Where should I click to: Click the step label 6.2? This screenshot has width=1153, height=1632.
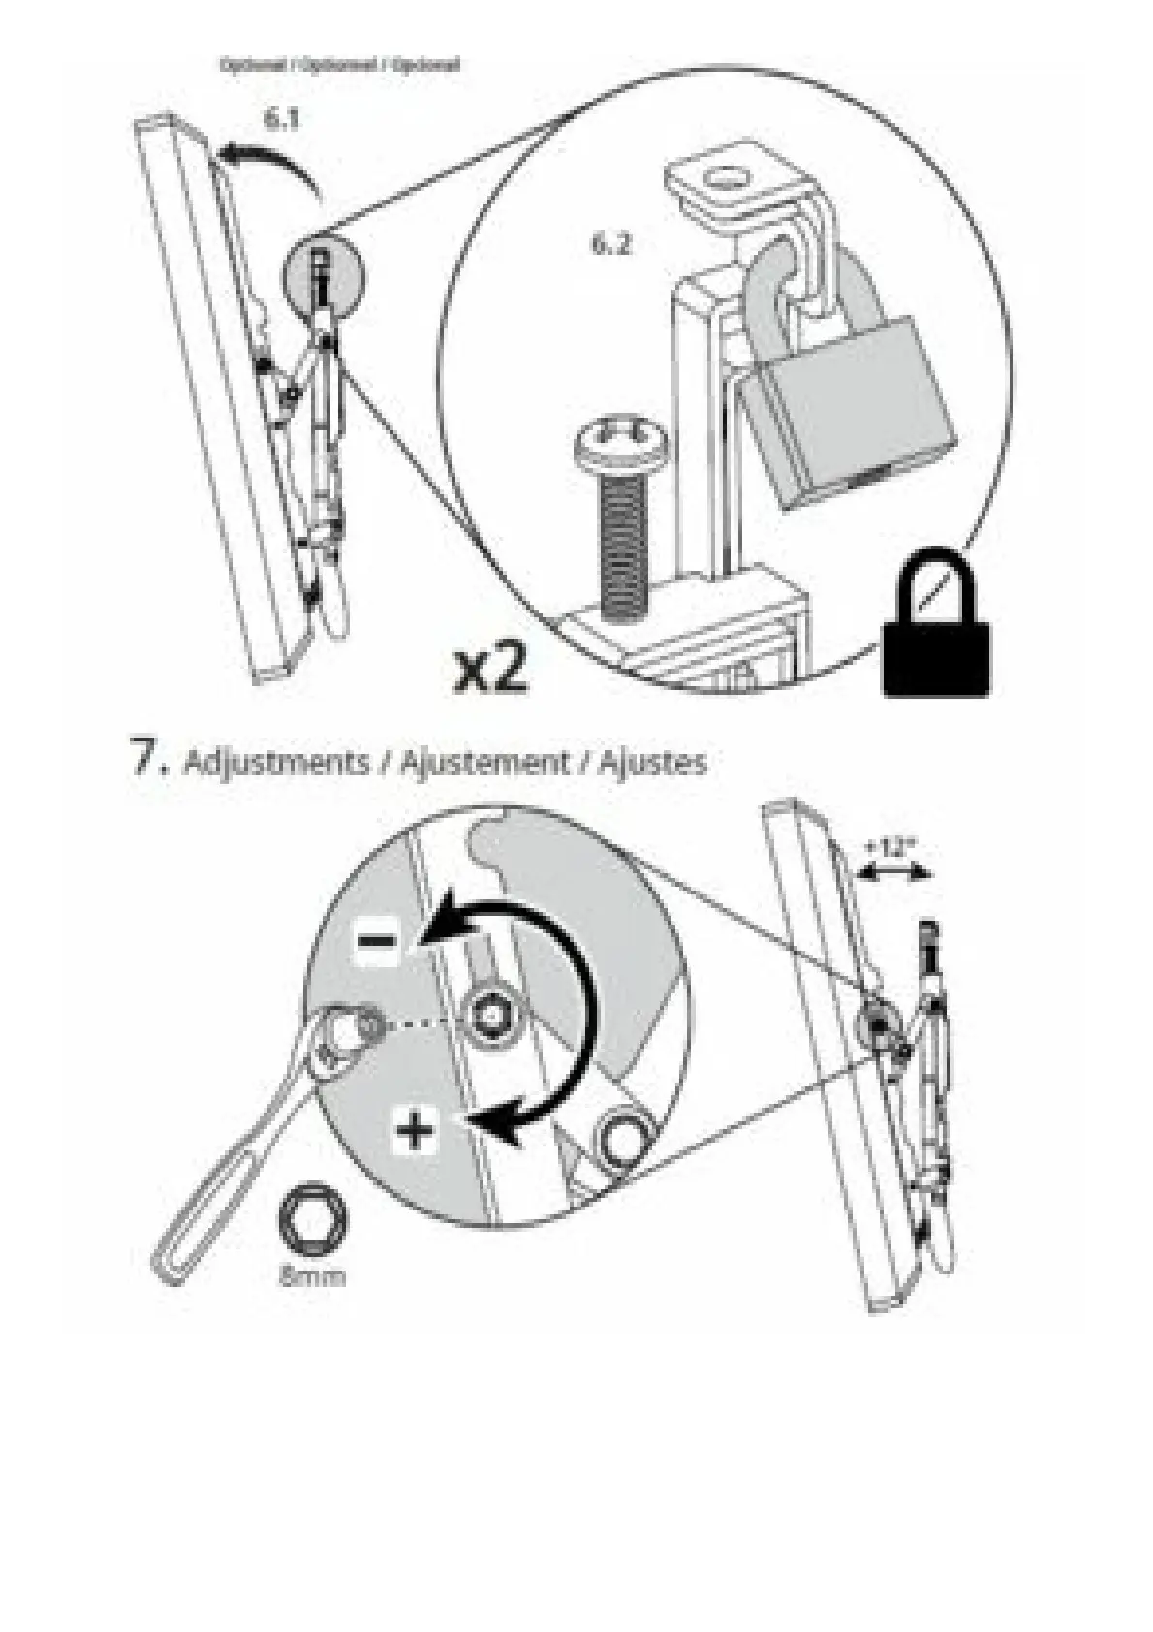tap(610, 244)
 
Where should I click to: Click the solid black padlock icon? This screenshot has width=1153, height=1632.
tap(935, 630)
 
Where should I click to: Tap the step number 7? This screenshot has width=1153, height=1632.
tap(148, 758)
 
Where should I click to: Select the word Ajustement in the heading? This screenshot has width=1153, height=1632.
tap(484, 762)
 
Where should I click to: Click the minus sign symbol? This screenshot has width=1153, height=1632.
tap(376, 940)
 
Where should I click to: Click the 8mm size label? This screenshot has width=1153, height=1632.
tap(312, 1276)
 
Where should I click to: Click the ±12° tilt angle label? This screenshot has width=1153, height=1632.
tap(890, 846)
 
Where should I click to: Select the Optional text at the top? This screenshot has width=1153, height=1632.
tap(339, 66)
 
